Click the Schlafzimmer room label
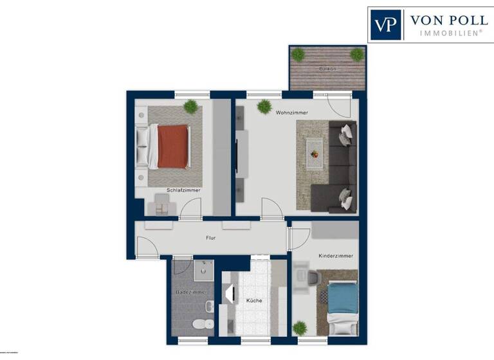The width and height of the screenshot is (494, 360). pyautogui.click(x=183, y=190)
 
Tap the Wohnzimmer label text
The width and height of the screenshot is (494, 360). pyautogui.click(x=291, y=113)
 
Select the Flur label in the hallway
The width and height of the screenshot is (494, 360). pyautogui.click(x=210, y=238)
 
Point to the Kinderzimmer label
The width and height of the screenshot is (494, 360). pyautogui.click(x=335, y=256)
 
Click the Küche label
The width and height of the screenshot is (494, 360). pyautogui.click(x=254, y=300)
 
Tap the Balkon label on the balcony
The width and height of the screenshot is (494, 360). pyautogui.click(x=328, y=68)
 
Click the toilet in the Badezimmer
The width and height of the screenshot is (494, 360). pyautogui.click(x=201, y=324)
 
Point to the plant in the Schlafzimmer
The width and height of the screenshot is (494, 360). pyautogui.click(x=190, y=106)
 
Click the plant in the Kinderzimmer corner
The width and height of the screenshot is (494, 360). pyautogui.click(x=299, y=328)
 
